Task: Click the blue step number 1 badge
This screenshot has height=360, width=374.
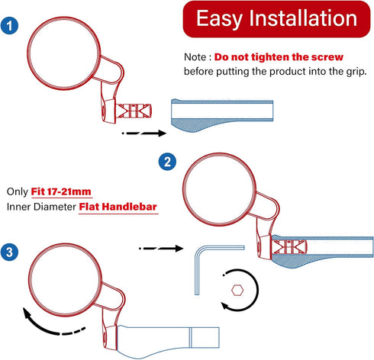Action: coord(10,26)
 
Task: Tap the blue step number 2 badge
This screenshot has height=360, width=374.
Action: coord(167,162)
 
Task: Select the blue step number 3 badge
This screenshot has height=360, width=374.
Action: coord(11,252)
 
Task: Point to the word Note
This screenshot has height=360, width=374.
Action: coord(196,57)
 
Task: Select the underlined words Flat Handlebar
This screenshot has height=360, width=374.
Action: coord(118,206)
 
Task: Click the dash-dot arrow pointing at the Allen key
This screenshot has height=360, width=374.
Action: coord(161,248)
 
